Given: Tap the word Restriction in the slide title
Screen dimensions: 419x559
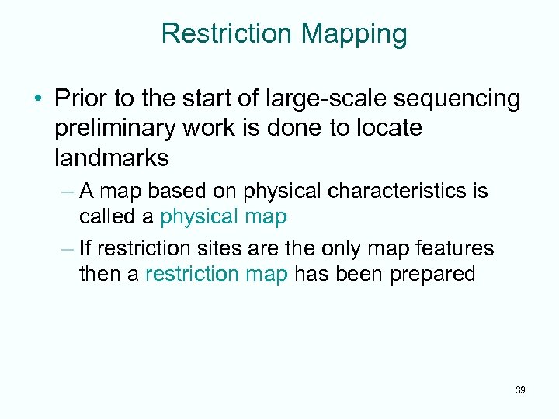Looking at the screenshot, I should [x=227, y=33].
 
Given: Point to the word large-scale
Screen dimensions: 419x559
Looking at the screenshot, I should [x=307, y=99].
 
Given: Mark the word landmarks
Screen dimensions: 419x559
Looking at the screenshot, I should [x=111, y=158].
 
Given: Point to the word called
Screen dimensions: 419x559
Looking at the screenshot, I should [x=107, y=216].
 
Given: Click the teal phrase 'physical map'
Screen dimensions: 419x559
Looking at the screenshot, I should [x=223, y=216].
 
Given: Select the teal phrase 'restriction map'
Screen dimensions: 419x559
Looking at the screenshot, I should [x=216, y=274].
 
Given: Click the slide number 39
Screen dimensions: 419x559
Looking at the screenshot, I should [x=519, y=390].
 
